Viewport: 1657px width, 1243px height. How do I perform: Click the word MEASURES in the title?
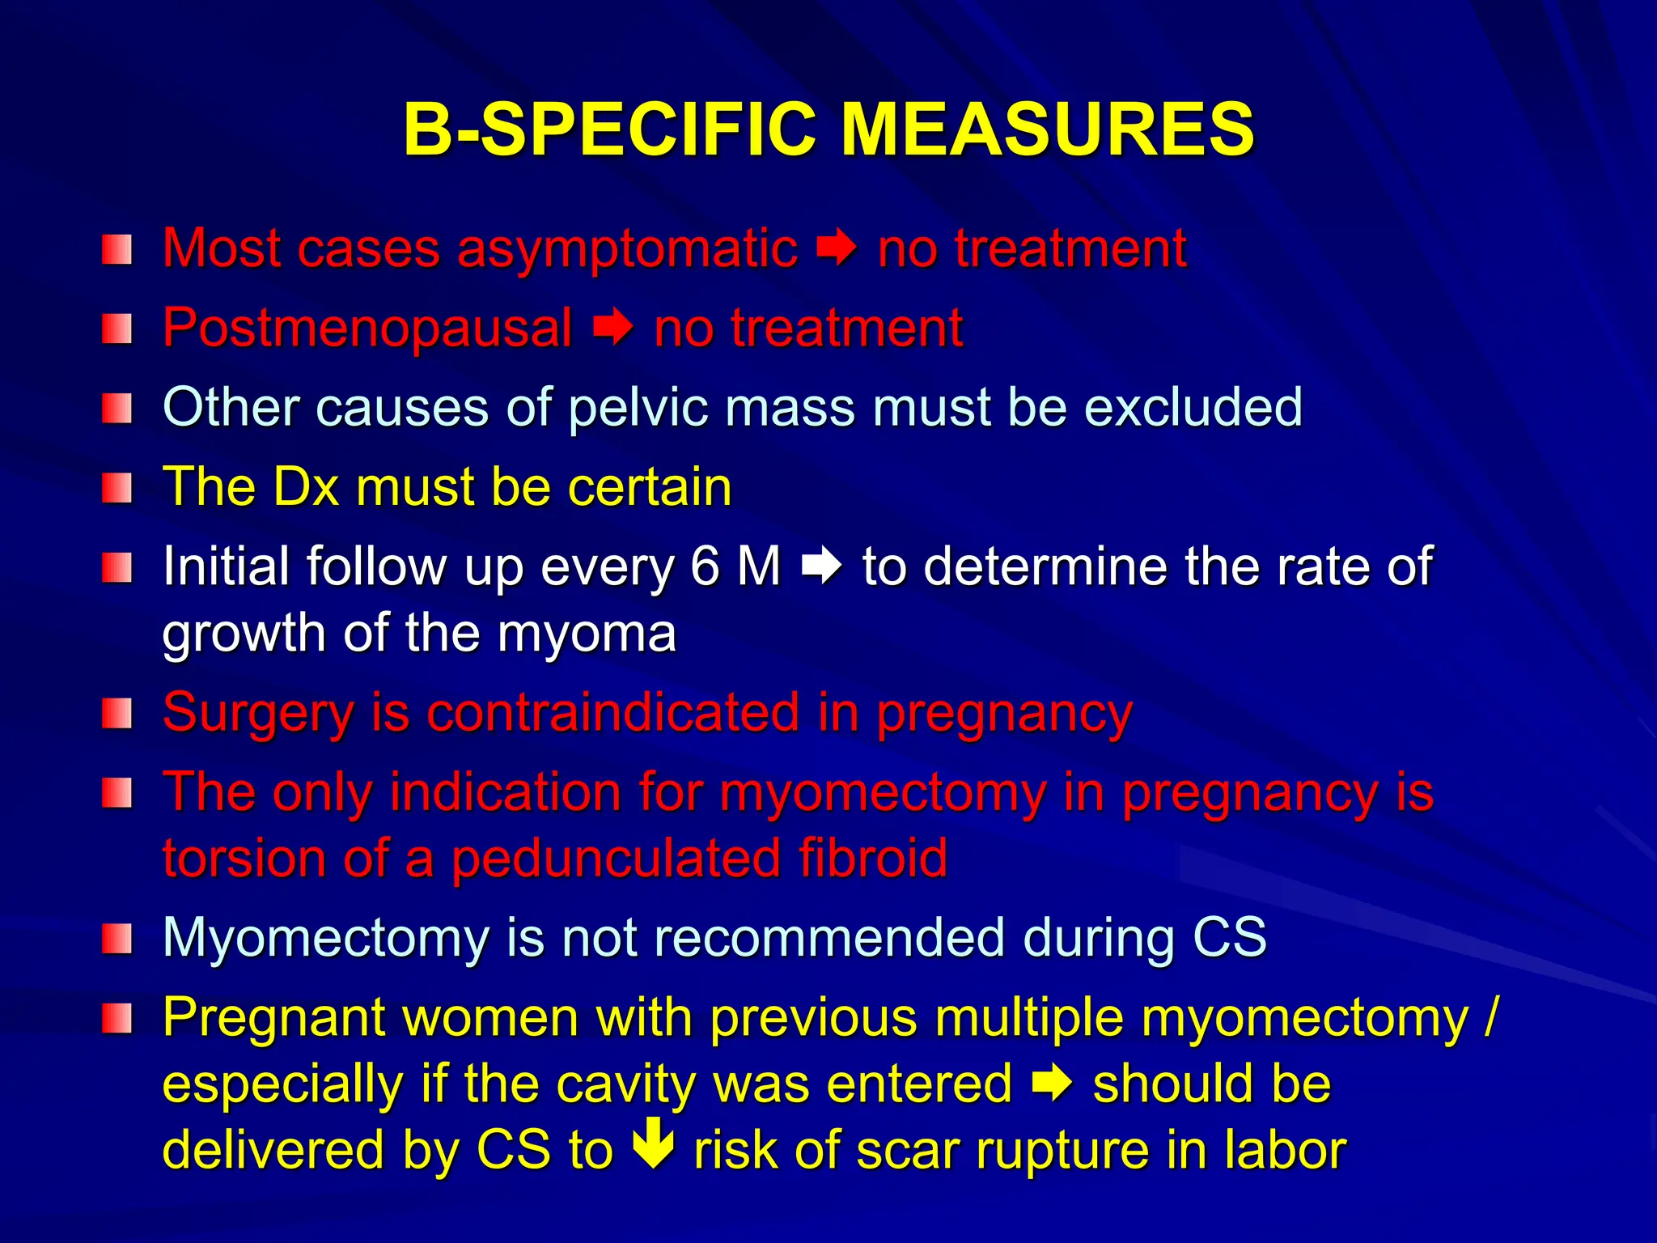(1048, 129)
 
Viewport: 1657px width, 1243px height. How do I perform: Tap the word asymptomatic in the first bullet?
(628, 249)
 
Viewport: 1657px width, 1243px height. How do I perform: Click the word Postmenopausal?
(367, 329)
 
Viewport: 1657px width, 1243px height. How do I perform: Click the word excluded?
(1193, 406)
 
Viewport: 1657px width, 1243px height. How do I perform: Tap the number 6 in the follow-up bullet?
(704, 566)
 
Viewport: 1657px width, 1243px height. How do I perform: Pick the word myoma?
(587, 634)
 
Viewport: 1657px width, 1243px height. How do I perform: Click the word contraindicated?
(612, 713)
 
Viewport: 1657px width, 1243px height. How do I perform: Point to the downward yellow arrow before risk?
(653, 1143)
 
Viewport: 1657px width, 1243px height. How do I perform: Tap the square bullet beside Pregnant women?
(117, 1019)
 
